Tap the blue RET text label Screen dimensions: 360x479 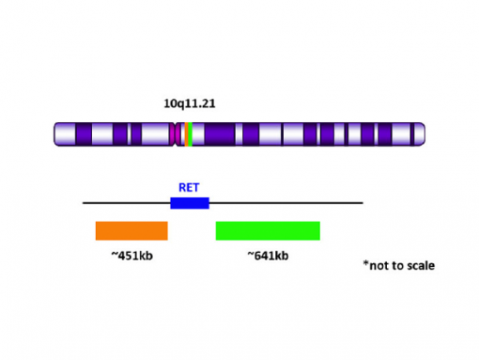click(189, 187)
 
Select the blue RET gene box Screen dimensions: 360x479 click(189, 202)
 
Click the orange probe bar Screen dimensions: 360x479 click(131, 230)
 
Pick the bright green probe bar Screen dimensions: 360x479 click(268, 230)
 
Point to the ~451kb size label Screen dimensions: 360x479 click(131, 255)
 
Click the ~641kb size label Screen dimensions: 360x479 click(268, 255)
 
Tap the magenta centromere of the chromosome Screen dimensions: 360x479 click(178, 133)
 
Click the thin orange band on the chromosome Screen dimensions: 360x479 click(186, 133)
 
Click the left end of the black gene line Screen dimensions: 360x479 click(85, 202)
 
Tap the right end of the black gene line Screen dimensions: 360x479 click(361, 202)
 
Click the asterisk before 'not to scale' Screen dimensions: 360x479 click(365, 263)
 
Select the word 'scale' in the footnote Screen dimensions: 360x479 click(420, 265)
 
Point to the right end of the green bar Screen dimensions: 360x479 click(318, 230)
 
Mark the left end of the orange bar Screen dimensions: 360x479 click(98, 230)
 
